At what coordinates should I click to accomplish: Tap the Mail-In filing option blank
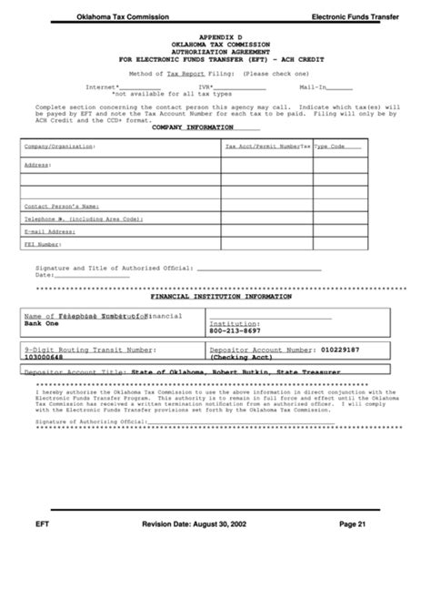tap(339, 87)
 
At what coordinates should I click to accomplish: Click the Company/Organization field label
tap(59, 146)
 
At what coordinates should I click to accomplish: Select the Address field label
tap(37, 165)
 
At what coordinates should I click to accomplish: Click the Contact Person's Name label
tap(61, 207)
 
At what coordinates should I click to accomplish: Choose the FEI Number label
tap(43, 244)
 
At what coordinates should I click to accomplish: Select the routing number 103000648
tap(46, 357)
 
